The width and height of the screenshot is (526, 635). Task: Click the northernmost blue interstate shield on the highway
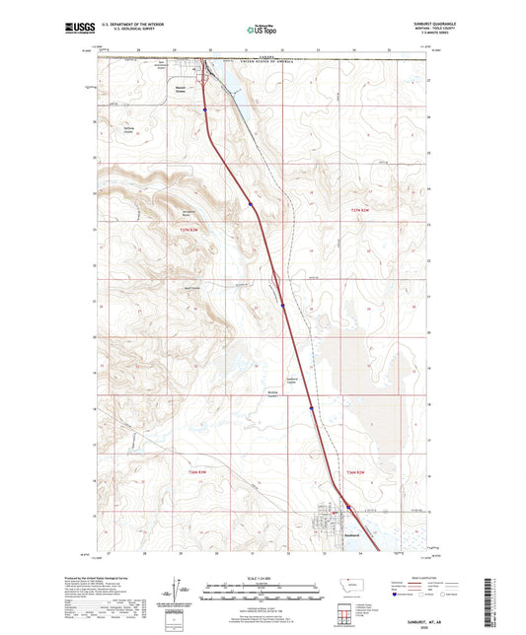click(x=206, y=110)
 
